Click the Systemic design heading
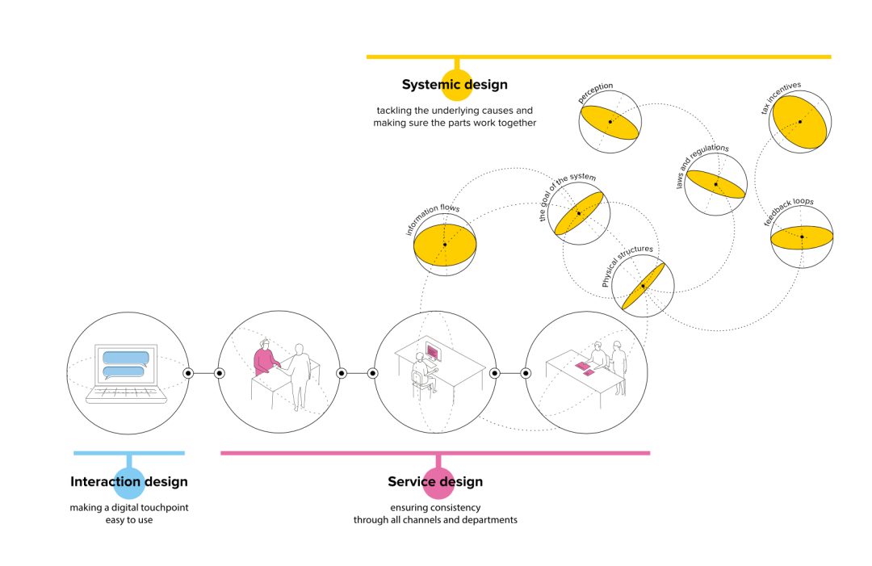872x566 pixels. (455, 85)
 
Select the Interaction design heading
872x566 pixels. (129, 482)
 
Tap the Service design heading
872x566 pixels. (435, 482)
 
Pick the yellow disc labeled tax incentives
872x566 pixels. (799, 122)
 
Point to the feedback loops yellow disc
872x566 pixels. (802, 237)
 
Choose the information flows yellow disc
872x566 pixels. (444, 245)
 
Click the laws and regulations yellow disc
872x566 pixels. (715, 185)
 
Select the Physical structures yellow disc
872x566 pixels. (643, 287)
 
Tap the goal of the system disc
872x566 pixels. (578, 213)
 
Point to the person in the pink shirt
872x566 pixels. (264, 360)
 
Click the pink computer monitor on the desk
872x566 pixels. (433, 353)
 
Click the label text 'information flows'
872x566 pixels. (432, 220)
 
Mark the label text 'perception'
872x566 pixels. (596, 92)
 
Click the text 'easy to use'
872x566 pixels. (129, 520)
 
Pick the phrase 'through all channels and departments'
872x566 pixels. (435, 520)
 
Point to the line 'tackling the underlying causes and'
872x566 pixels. (455, 110)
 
